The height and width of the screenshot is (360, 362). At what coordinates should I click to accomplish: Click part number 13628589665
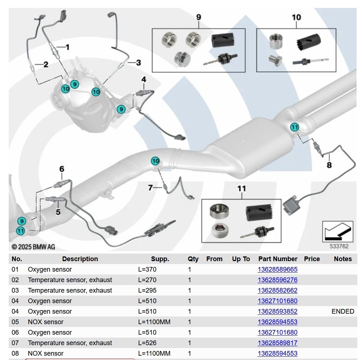(x=277, y=269)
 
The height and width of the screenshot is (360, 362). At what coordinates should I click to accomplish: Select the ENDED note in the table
(x=342, y=311)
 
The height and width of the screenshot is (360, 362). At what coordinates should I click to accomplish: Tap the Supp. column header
(x=160, y=259)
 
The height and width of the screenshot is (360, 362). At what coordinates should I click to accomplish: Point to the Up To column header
(x=241, y=259)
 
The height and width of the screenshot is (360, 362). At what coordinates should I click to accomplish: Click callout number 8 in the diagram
(x=329, y=165)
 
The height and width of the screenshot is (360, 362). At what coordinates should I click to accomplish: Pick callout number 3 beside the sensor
(x=138, y=63)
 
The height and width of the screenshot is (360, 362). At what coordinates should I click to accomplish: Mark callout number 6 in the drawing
(x=62, y=169)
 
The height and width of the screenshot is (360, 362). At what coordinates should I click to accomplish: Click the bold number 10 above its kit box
(x=296, y=17)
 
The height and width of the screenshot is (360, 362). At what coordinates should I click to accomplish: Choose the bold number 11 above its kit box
(x=241, y=188)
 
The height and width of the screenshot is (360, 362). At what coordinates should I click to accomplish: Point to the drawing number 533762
(x=339, y=246)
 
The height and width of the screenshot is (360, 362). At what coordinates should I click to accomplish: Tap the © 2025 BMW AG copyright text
(x=33, y=247)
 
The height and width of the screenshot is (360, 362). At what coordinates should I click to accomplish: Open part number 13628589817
(x=277, y=343)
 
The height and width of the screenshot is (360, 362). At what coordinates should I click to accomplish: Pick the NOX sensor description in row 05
(x=46, y=322)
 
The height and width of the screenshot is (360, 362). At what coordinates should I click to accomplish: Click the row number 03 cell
(x=15, y=290)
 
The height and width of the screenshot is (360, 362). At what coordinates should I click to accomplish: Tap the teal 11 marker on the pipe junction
(x=295, y=127)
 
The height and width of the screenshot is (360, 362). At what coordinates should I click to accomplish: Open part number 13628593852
(x=277, y=311)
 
